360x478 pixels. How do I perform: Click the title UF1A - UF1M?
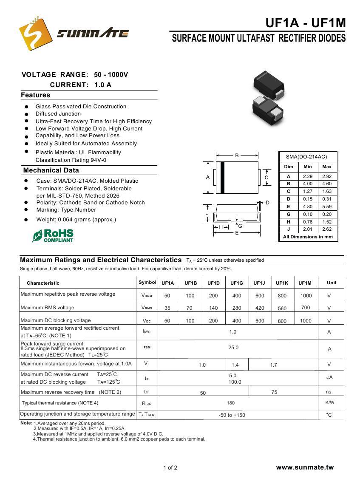coord(306,23)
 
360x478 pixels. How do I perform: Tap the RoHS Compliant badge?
coord(53,236)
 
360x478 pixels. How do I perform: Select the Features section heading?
coord(36,95)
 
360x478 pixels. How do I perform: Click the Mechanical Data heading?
coord(51,170)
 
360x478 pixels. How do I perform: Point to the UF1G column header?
coord(237,283)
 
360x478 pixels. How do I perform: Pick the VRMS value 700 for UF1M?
coord(305,308)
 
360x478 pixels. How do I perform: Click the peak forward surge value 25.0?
coord(233,348)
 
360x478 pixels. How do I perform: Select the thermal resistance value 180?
coord(231,403)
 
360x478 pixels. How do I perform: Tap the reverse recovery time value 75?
coord(274,392)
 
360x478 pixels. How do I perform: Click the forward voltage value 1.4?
coord(235,365)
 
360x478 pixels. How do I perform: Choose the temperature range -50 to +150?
coord(232,415)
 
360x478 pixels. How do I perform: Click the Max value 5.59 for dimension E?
coord(327,206)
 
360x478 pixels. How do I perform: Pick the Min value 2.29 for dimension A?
coord(308,176)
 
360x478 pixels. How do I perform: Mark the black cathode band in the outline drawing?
coord(222,178)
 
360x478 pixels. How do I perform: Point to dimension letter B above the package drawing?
coord(237,156)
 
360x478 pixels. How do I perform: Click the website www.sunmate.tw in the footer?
coord(305,467)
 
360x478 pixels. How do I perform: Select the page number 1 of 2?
coord(170,468)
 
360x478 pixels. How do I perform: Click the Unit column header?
coord(332,283)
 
